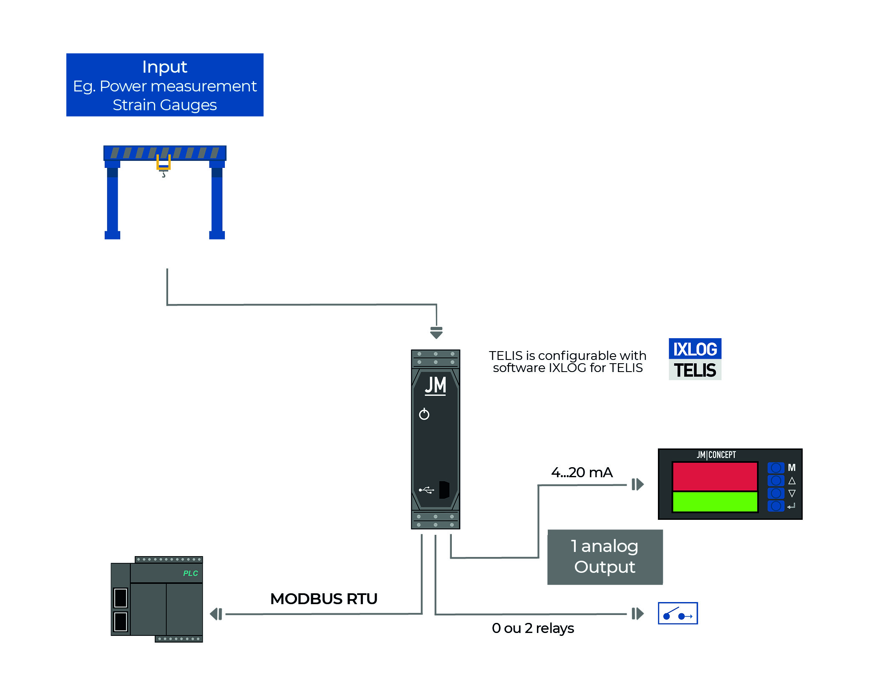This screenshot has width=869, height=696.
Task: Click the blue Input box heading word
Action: coord(164,67)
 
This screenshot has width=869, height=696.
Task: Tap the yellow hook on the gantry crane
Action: coord(163,163)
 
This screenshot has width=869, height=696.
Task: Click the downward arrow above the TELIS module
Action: coord(436,333)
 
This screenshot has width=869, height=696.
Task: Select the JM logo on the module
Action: coord(435,385)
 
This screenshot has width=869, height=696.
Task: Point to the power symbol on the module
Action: coord(424,414)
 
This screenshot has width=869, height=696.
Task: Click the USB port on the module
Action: coord(444,490)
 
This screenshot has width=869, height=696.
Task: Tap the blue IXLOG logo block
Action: coord(695,349)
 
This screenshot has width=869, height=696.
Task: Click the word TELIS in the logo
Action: coord(695,370)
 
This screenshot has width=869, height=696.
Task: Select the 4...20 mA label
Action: coord(582,472)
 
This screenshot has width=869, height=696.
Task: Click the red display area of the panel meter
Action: coord(715,476)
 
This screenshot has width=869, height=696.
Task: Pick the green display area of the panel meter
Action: coord(715,501)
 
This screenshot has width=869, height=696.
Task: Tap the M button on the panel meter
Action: coord(776,468)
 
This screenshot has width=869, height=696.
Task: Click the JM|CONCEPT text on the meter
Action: coord(716,455)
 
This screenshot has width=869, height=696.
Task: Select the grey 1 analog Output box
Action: coord(605,557)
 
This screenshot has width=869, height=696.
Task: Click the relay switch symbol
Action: coord(678,613)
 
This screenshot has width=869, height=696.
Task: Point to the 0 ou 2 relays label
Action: coord(533,628)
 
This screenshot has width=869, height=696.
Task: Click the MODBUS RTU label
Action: coord(324,599)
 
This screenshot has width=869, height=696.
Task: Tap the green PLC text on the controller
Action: coord(190,573)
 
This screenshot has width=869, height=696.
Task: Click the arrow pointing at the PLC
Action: coord(216,614)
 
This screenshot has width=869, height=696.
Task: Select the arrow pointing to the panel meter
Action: coord(637,484)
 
